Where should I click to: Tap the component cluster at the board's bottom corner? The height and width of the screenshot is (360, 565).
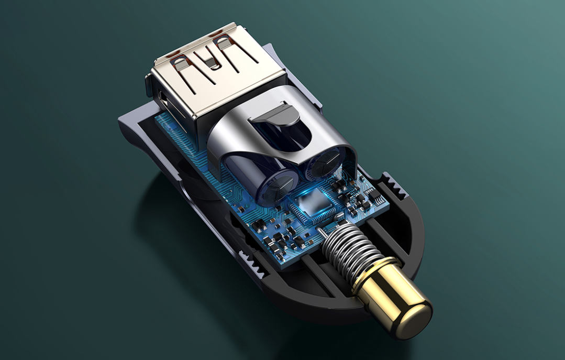pos(283,241)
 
